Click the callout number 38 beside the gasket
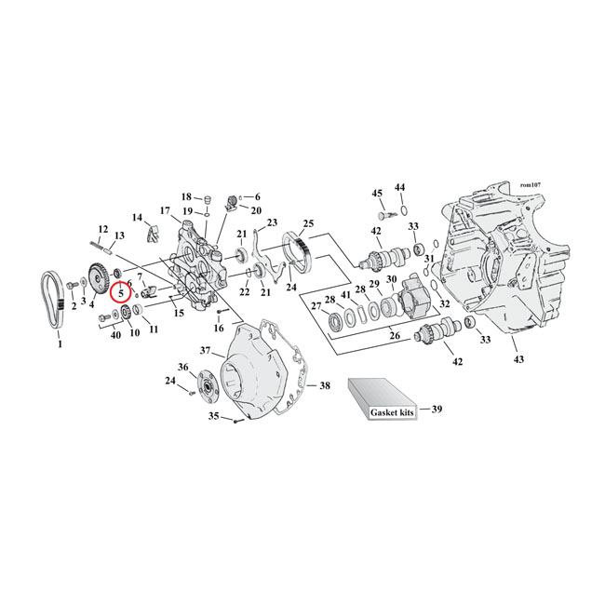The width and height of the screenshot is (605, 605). coord(325,385)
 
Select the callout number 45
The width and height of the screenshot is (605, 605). coord(377,193)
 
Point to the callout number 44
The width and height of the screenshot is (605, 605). coord(401,187)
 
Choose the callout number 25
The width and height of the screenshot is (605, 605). coord(308,224)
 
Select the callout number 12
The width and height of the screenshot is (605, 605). coord(103,229)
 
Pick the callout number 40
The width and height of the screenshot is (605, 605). coord(115,334)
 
